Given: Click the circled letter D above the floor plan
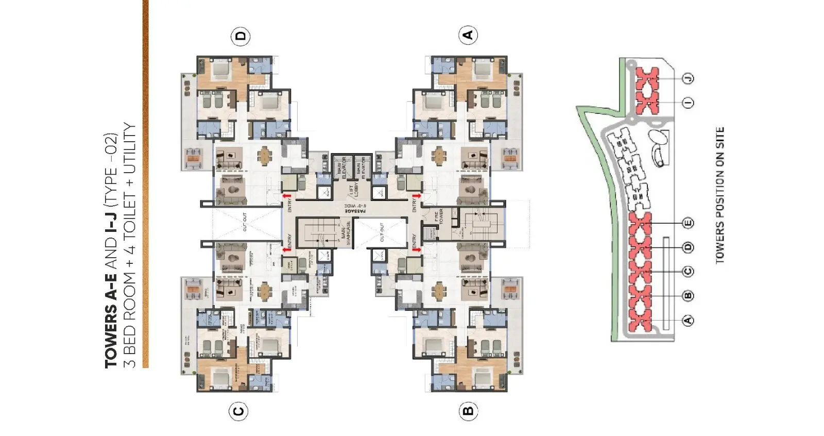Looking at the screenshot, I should (241, 37).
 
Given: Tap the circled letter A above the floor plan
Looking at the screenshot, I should (468, 35).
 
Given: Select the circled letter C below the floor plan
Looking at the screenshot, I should (238, 411).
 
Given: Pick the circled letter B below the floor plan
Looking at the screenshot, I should (468, 411).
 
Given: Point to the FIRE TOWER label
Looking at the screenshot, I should (439, 217).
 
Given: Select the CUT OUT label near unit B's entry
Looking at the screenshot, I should (382, 232).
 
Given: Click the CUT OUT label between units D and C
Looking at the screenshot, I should (245, 222).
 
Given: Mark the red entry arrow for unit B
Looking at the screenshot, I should (416, 250).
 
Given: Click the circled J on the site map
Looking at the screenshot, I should (688, 78).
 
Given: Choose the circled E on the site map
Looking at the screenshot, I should (688, 223).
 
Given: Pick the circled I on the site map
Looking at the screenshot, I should (688, 103).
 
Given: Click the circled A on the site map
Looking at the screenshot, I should (688, 320).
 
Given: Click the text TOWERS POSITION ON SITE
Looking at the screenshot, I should (720, 196).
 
